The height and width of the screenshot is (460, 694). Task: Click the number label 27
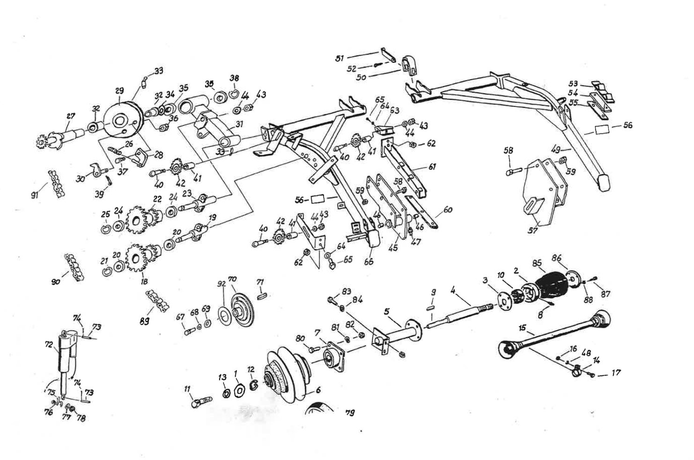pos(70,116)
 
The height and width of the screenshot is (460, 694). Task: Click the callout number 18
pos(144,282)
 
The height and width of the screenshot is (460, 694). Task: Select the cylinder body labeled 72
pos(62,356)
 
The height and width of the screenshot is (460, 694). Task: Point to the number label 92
pos(221,283)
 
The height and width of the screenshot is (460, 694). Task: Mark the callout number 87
pos(605,294)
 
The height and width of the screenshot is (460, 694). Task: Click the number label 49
pos(556,150)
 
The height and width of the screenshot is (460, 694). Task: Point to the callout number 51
pos(340,59)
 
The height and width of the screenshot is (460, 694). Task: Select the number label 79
pos(349,412)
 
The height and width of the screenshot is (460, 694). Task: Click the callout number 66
pos(369,261)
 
